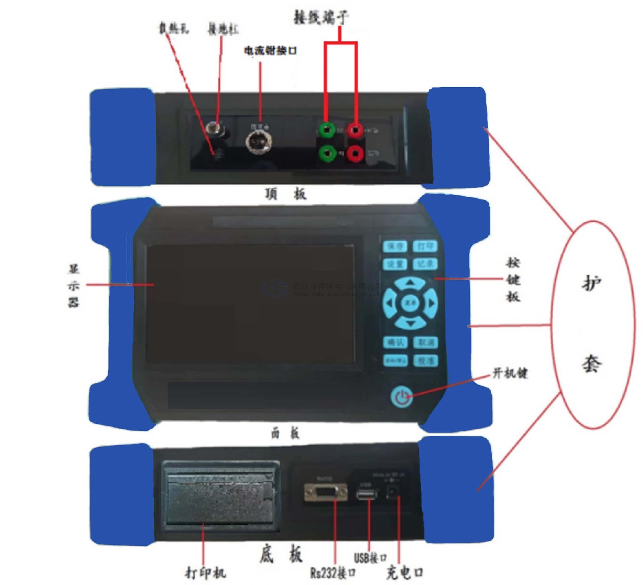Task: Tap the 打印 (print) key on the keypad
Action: [425, 246]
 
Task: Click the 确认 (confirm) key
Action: [396, 342]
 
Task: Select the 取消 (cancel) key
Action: [426, 342]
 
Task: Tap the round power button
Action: [402, 397]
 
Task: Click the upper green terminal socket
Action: [327, 130]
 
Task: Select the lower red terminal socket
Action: [355, 154]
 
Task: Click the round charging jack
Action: [392, 492]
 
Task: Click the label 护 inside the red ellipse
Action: [591, 284]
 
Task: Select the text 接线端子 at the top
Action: [321, 17]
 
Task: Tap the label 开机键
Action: [510, 373]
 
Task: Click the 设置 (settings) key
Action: [395, 264]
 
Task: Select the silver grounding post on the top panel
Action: [213, 128]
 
